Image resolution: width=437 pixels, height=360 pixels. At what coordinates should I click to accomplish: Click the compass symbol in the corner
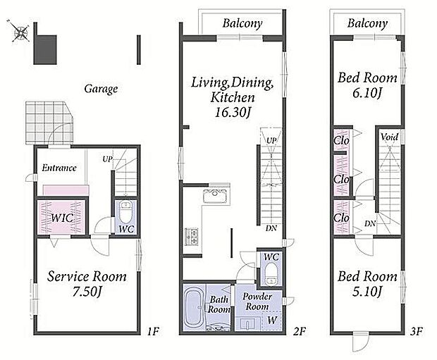click(19, 31)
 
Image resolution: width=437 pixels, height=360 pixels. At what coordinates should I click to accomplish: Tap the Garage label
click(101, 89)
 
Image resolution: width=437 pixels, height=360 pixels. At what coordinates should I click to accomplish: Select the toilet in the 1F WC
click(126, 212)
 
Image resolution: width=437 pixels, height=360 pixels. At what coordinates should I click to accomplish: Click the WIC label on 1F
click(62, 218)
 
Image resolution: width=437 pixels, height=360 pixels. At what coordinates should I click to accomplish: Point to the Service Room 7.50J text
click(87, 284)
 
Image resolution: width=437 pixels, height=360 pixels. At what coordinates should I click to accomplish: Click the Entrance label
click(59, 168)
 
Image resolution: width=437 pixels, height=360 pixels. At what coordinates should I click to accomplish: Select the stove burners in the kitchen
click(192, 237)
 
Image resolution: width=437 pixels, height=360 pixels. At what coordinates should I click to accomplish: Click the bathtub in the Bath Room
click(195, 306)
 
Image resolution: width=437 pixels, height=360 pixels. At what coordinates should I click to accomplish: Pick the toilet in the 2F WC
click(270, 274)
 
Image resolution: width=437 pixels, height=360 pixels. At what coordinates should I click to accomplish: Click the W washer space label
click(272, 320)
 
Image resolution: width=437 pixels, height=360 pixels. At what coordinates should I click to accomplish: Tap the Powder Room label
click(257, 302)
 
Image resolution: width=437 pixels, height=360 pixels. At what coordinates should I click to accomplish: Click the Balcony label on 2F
click(242, 23)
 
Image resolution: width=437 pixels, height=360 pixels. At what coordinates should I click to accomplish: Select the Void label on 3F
click(389, 137)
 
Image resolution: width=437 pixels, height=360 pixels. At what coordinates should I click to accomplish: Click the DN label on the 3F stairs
click(370, 223)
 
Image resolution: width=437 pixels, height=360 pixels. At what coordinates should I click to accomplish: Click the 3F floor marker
click(417, 331)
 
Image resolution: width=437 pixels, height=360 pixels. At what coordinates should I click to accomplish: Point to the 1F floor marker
click(153, 331)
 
